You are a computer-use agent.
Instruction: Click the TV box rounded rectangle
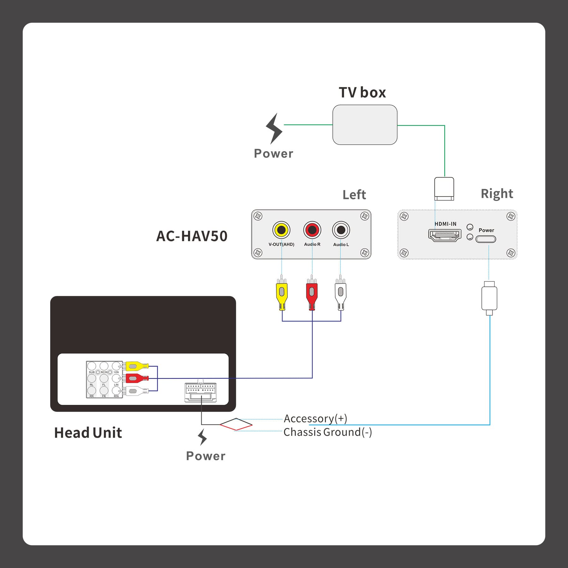coord(365,125)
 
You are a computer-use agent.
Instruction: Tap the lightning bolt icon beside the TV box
coord(274,129)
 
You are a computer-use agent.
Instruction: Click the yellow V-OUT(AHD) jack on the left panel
coord(281,230)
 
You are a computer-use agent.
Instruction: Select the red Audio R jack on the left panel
coord(312,230)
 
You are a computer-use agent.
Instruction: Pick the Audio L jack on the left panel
coord(341,230)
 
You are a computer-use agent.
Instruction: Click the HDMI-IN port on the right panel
coord(445,235)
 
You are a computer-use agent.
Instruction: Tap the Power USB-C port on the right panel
coord(486,239)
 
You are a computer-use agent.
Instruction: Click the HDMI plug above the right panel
coord(444,189)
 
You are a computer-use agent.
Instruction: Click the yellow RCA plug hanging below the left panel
coord(282,293)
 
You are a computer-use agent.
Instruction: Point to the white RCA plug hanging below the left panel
coord(340,293)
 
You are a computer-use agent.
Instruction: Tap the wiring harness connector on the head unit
coord(200,392)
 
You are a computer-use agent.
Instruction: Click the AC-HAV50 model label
coord(192,236)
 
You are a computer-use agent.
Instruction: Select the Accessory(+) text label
coord(315,418)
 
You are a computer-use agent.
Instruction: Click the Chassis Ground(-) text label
coord(328,432)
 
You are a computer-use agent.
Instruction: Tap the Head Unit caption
coord(88,433)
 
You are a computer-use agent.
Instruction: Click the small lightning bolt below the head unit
coord(202,437)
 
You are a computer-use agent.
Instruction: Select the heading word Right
coord(497,194)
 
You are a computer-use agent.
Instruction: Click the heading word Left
coord(354,195)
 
